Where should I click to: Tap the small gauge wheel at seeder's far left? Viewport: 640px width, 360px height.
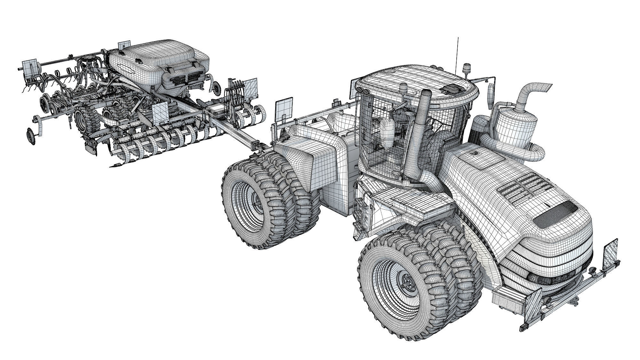pos(31,135)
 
